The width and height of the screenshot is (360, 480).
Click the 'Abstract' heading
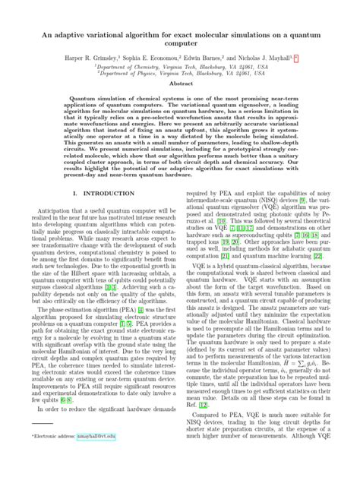(x=180, y=109)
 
